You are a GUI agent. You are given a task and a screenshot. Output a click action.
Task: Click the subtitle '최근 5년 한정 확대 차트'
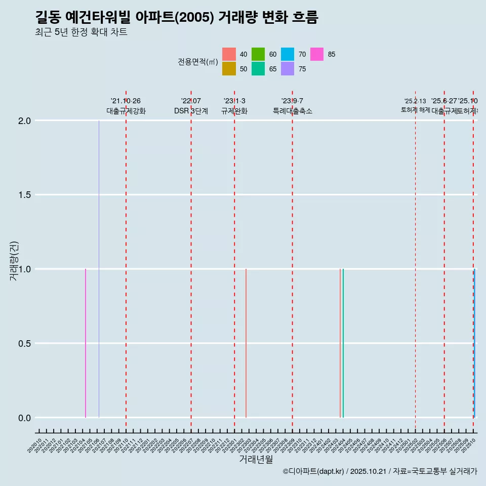(x=81, y=32)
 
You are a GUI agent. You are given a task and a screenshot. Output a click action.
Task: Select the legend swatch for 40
(x=229, y=54)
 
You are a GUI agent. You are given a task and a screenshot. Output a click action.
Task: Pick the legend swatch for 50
(x=229, y=69)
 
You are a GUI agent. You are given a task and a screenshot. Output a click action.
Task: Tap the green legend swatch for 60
(x=258, y=54)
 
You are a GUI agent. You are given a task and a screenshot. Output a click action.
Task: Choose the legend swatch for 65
(x=258, y=69)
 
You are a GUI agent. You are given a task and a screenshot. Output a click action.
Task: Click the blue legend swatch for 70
(x=288, y=54)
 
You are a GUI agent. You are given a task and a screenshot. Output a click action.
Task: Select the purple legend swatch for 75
(x=288, y=69)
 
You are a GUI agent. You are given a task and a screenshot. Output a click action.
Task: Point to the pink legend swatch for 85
(x=317, y=54)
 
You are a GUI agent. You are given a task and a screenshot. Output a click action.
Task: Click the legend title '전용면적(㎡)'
(x=197, y=62)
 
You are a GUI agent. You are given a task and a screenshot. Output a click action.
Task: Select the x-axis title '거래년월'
(x=256, y=460)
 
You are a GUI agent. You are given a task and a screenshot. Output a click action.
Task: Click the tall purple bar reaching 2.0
(x=99, y=268)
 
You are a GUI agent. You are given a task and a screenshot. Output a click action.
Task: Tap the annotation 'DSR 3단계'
(x=191, y=111)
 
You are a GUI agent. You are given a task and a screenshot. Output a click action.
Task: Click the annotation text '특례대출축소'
(x=293, y=111)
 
